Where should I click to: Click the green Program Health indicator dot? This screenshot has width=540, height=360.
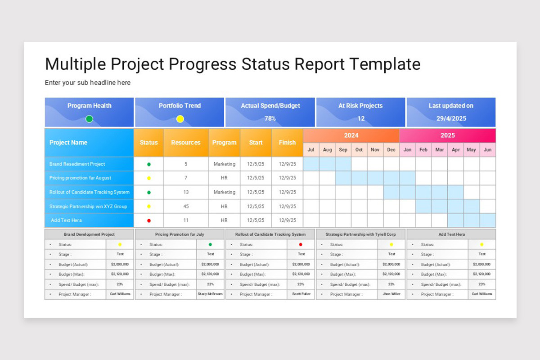89,119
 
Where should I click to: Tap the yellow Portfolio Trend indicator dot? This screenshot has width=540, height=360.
180,119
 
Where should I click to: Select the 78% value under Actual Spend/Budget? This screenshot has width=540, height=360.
270,119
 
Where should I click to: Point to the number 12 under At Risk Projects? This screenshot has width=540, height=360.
361,119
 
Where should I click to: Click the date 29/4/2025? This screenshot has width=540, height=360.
451,119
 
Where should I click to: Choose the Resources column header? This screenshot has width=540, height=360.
185,143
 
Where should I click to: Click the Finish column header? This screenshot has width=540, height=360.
287,143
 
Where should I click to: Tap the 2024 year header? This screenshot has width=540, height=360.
351,135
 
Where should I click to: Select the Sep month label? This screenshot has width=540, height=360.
343,150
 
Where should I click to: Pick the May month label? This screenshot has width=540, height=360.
471,150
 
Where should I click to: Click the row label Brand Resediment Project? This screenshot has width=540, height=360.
77,164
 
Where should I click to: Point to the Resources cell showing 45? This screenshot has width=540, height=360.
186,207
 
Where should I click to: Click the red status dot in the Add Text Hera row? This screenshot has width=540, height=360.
149,220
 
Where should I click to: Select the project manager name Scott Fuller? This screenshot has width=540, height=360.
301,294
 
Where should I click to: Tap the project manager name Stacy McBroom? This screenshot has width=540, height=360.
210,294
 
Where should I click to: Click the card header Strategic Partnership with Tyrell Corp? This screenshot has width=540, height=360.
361,234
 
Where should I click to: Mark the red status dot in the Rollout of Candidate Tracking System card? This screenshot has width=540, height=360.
301,244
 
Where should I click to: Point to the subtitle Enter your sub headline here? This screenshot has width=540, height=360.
88,83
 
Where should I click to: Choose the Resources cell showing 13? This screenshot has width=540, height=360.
186,192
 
